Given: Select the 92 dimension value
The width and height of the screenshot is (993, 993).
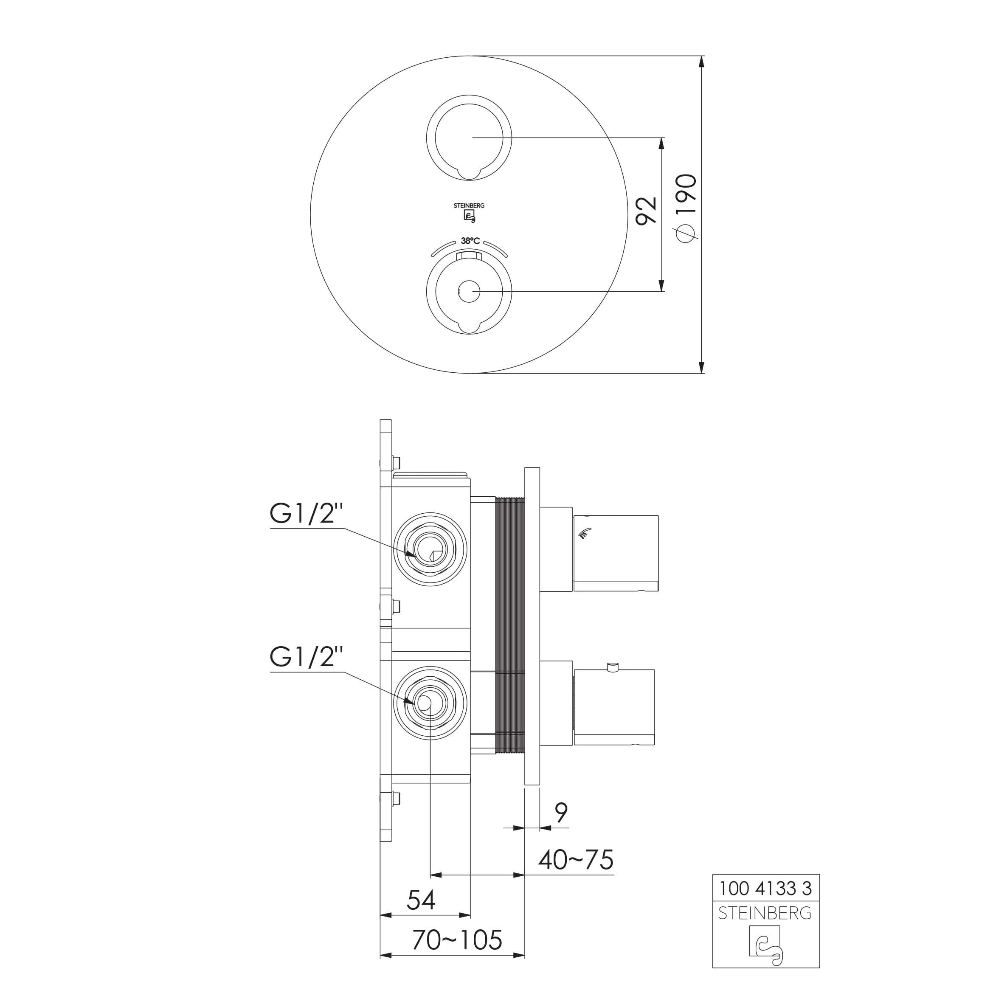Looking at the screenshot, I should [x=647, y=210].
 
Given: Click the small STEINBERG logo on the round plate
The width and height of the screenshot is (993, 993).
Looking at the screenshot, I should [x=469, y=212].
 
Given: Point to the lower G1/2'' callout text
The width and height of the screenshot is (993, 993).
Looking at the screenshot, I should [x=307, y=657].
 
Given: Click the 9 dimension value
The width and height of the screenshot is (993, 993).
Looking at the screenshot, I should [x=561, y=813].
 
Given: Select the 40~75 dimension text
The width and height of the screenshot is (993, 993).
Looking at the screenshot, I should [x=576, y=859].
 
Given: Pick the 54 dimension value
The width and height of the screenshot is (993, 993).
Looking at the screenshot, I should [x=421, y=900].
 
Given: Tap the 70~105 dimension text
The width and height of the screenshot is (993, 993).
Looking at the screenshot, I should [x=456, y=940].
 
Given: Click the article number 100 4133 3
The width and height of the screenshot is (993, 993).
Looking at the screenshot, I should [x=765, y=888].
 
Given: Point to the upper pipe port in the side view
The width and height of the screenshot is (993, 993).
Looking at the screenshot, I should [x=430, y=549].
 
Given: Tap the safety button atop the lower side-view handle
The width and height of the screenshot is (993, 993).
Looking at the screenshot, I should [x=612, y=667].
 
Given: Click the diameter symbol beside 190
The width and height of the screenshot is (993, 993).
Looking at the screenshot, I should [x=686, y=234].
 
